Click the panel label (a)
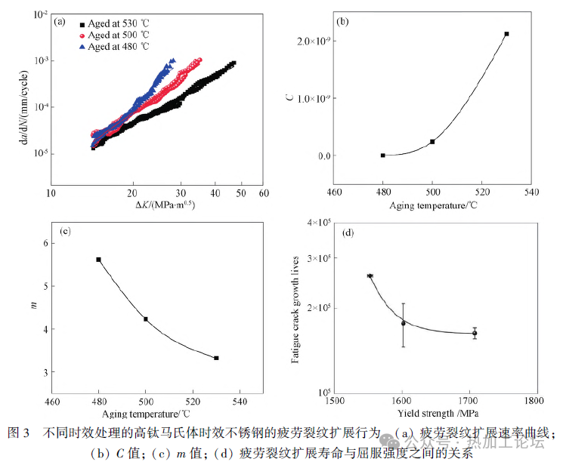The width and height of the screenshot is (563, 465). pos(60,22)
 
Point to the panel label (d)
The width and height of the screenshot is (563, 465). pos(348,232)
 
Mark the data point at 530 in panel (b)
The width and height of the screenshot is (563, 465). pos(506,34)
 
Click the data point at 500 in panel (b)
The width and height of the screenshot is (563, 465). pos(432,142)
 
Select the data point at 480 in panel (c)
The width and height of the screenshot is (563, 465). pos(98,260)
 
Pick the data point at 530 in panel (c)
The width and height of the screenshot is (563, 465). pos(216,358)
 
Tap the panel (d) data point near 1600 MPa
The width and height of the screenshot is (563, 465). pos(403,323)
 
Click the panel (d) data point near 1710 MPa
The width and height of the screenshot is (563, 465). pos(475,333)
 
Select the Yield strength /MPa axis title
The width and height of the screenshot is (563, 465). pos(438,414)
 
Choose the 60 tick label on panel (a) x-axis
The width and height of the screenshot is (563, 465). pos(263,193)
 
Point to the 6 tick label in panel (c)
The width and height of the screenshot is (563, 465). pos(45,243)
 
